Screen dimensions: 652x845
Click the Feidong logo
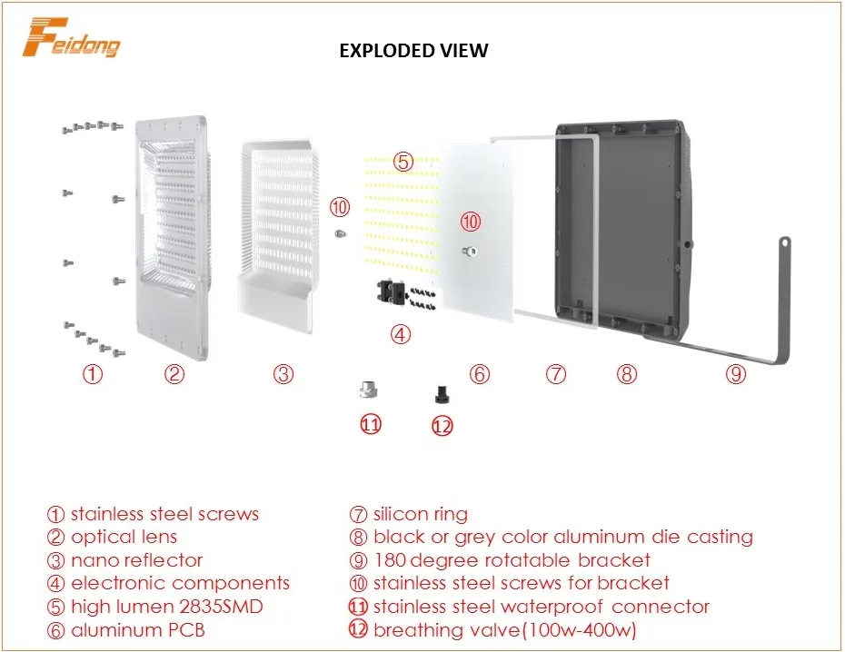[72, 37]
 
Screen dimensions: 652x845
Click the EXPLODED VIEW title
[413, 51]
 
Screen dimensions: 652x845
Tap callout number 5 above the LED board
[403, 162]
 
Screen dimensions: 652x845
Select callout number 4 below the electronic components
[401, 334]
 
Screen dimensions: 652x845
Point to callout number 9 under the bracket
[736, 373]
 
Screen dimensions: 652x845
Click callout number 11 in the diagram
[371, 424]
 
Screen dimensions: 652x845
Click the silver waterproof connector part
[367, 391]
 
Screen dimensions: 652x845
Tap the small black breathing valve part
[442, 393]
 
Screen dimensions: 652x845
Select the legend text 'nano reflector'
[136, 560]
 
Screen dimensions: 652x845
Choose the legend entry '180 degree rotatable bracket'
[512, 560]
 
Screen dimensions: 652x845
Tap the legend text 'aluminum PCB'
[137, 629]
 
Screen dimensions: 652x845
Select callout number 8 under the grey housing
[625, 373]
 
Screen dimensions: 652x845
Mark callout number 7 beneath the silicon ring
[556, 373]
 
